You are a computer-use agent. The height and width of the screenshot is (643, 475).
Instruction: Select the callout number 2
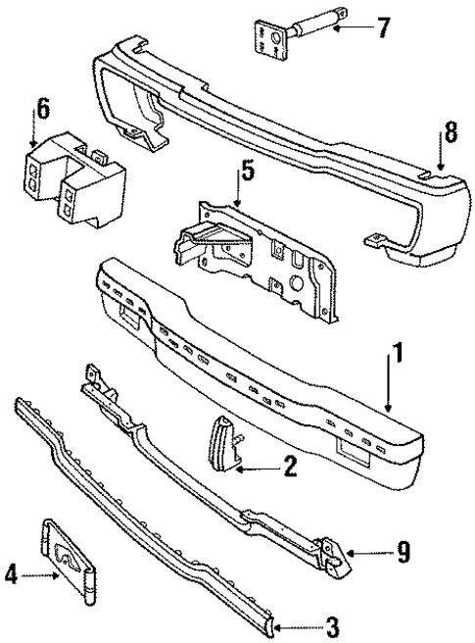point(289,469)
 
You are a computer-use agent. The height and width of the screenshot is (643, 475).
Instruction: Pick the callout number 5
point(249,174)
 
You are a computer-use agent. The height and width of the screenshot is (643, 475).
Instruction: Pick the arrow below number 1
point(392,387)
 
